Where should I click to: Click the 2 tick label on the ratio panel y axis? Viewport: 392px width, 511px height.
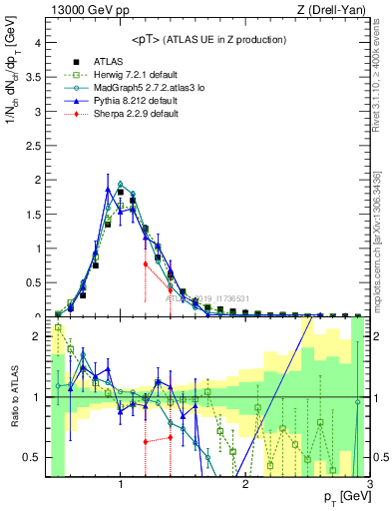click(37, 336)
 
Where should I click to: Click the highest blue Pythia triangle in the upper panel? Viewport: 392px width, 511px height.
click(108, 188)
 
